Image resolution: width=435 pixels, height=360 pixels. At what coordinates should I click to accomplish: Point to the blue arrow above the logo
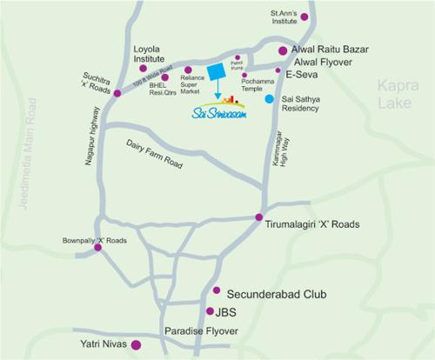click(217, 91)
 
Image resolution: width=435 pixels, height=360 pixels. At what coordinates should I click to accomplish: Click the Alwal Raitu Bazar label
click(336, 51)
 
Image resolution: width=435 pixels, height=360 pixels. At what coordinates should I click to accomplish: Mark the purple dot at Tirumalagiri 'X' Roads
click(258, 217)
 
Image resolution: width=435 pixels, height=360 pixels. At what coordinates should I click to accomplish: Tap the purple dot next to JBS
click(209, 310)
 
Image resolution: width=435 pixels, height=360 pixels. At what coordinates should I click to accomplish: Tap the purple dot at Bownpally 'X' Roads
click(97, 248)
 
